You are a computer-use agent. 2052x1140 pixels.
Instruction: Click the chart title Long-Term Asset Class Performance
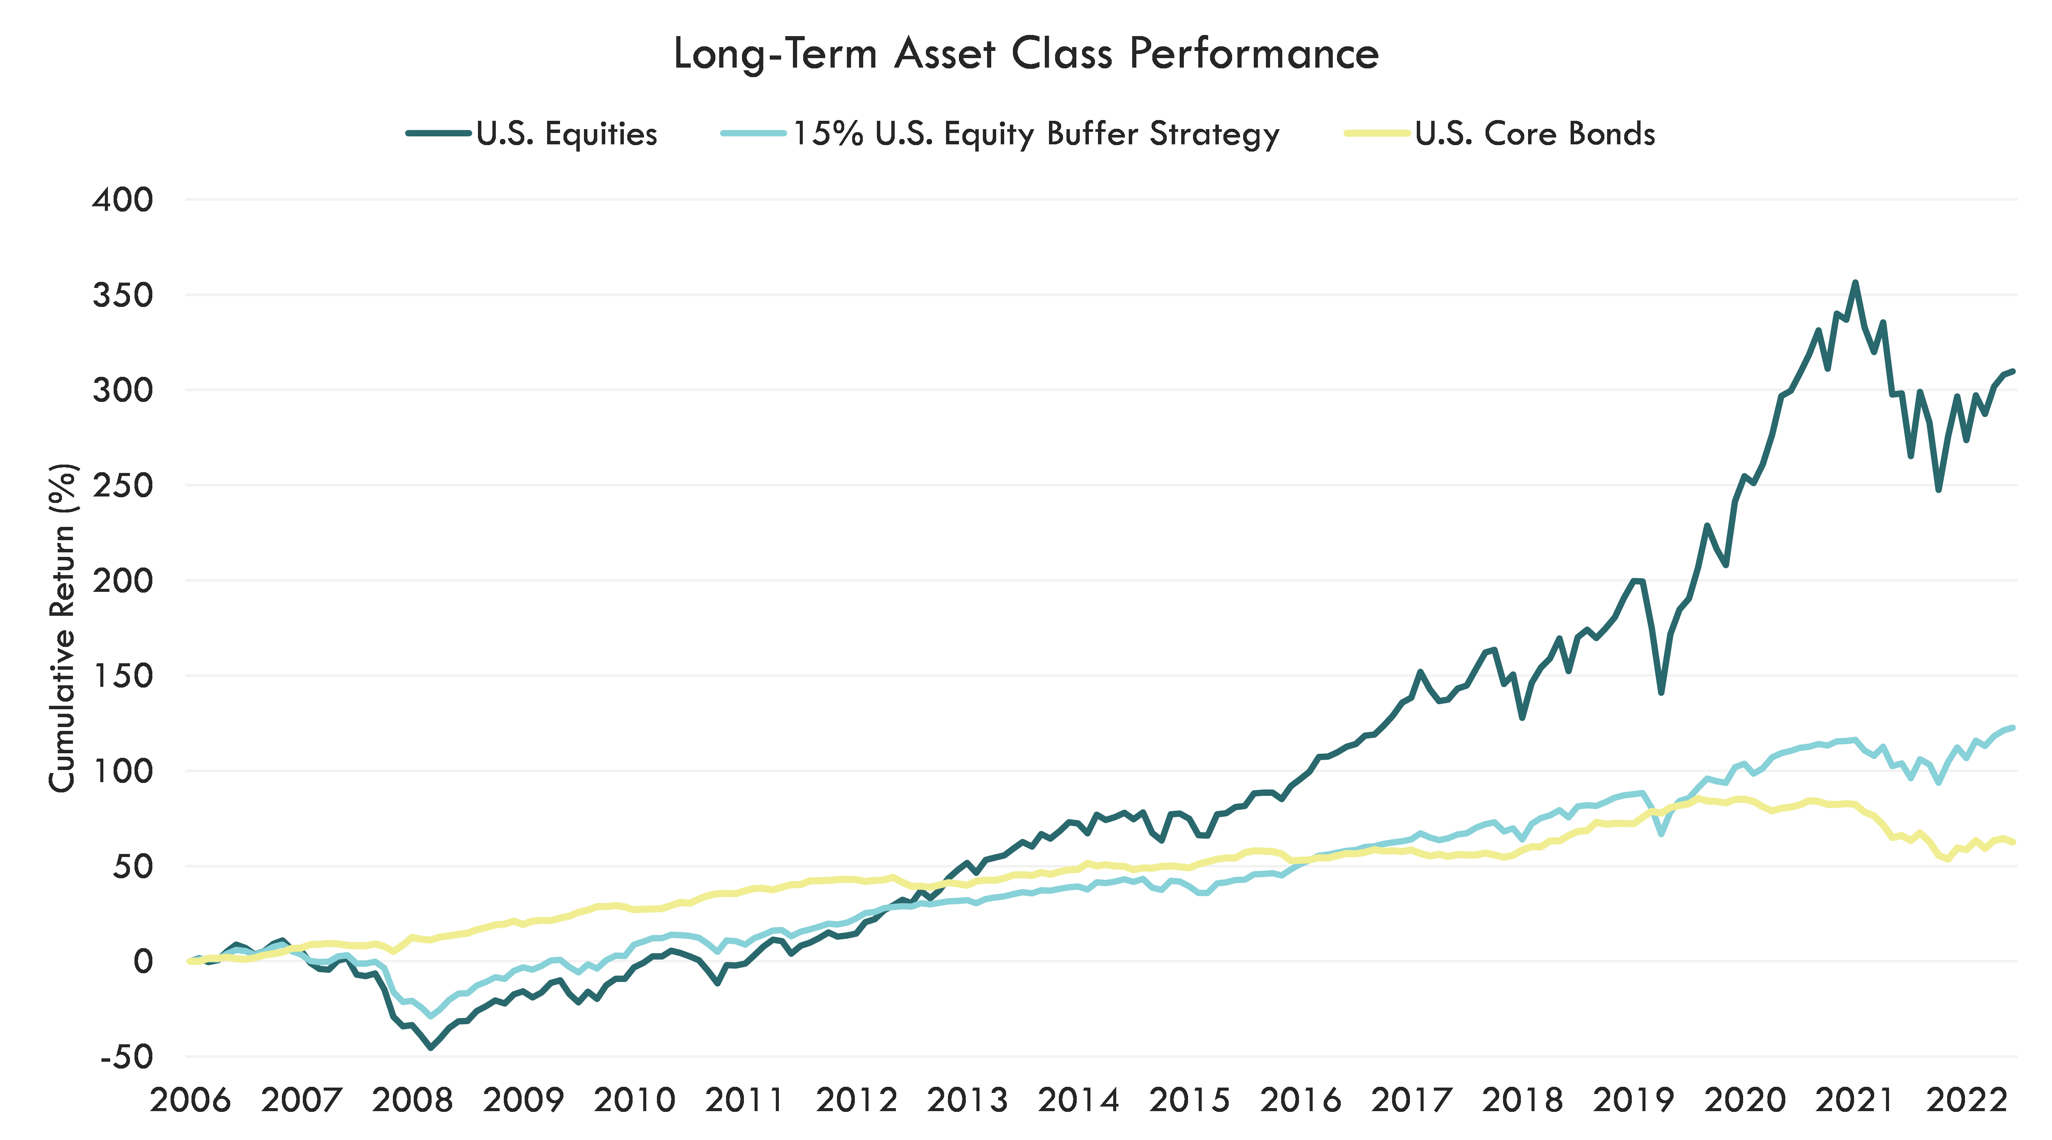[1026, 54]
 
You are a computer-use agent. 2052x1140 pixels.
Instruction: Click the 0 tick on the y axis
[143, 961]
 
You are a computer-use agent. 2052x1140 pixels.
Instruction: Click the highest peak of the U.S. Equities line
[1855, 282]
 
